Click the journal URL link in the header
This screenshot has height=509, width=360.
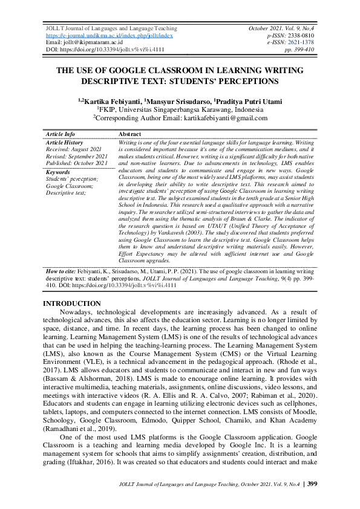110,36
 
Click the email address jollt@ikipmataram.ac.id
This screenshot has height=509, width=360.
91,42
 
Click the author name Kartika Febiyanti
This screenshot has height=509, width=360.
111,101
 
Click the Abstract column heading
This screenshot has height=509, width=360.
130,134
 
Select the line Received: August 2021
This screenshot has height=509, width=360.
73,149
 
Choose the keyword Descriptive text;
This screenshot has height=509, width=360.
65,193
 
